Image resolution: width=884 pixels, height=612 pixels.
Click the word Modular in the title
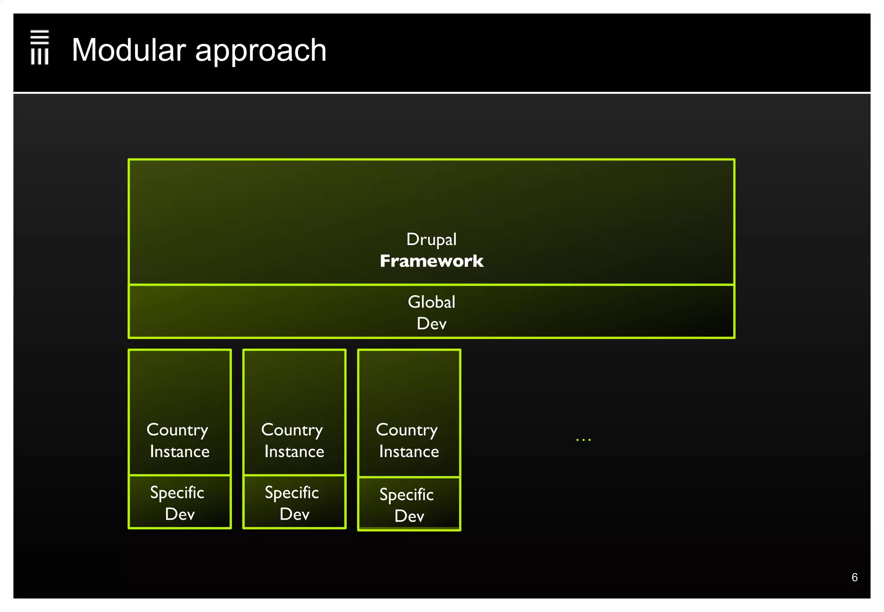(x=129, y=50)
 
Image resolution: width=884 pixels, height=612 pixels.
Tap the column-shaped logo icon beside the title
(x=40, y=47)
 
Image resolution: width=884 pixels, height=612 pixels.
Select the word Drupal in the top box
(x=431, y=240)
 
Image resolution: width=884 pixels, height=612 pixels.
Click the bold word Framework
(x=431, y=261)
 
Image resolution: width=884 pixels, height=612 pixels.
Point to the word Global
(x=431, y=302)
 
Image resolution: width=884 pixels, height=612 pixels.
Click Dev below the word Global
(x=431, y=324)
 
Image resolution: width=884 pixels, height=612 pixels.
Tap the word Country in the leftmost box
(x=177, y=430)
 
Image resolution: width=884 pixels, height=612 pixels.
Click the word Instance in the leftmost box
(x=180, y=451)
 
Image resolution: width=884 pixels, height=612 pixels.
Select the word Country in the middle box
(x=292, y=430)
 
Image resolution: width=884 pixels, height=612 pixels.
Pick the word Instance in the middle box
(x=294, y=451)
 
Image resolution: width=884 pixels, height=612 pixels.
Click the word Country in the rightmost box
(x=407, y=430)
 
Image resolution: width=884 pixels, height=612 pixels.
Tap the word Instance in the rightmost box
(x=409, y=451)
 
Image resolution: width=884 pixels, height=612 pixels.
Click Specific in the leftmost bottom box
(x=177, y=493)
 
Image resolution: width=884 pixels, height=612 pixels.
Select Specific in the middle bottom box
(x=292, y=493)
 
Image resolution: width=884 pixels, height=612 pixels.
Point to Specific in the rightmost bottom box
(x=407, y=495)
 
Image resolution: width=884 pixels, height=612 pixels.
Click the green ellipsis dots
(x=583, y=439)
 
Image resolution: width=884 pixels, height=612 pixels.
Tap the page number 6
(x=854, y=577)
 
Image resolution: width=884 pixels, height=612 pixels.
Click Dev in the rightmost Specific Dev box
(x=409, y=516)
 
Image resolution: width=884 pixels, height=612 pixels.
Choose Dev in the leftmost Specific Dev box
(x=180, y=514)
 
